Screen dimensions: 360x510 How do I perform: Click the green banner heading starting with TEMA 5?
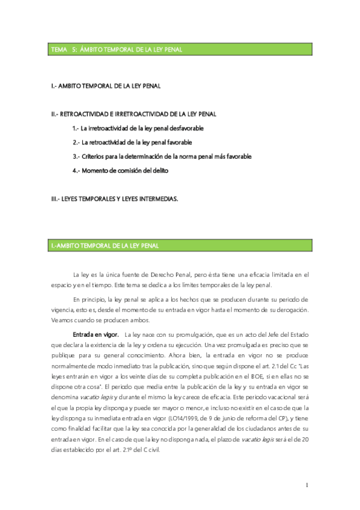[117, 49]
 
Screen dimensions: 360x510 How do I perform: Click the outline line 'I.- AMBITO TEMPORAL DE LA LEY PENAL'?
[106, 86]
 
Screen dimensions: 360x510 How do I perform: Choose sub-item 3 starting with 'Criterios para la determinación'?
[161, 156]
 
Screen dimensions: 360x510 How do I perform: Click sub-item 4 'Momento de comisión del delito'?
[120, 170]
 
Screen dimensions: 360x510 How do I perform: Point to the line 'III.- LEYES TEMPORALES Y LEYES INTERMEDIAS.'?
[115, 198]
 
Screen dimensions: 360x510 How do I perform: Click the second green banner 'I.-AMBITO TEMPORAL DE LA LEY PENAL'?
[105, 245]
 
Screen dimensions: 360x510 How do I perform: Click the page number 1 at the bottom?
[307, 485]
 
